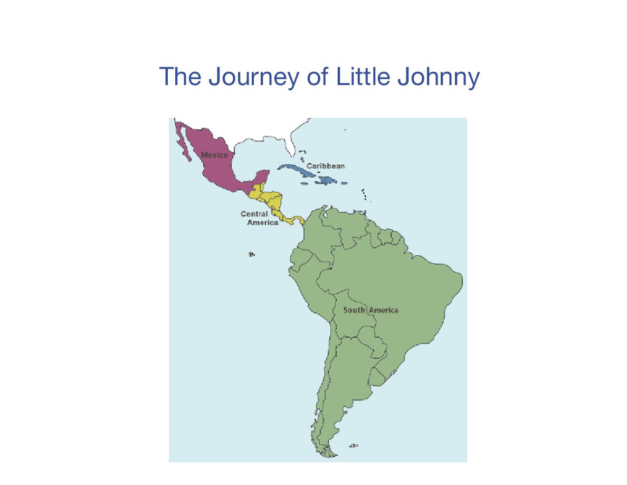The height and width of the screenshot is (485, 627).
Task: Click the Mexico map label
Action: (215, 155)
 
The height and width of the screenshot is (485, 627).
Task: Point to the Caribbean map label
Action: (326, 166)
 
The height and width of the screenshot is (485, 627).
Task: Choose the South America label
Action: (370, 310)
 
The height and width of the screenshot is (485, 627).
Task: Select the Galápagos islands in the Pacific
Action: (251, 255)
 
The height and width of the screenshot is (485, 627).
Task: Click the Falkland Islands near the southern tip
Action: (354, 446)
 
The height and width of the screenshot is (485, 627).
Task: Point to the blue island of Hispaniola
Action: (327, 181)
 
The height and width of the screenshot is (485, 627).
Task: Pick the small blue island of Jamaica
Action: (304, 184)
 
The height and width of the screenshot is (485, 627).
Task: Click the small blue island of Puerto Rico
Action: (344, 183)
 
